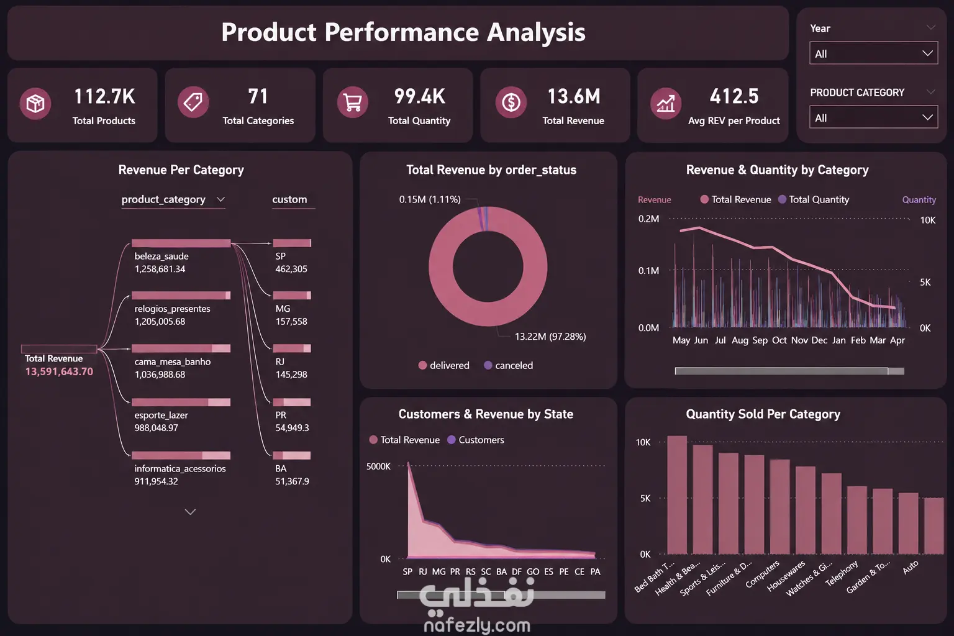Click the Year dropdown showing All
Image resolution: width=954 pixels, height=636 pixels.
(873, 53)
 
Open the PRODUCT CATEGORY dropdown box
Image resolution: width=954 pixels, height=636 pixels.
(873, 117)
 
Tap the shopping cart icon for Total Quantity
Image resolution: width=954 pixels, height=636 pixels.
(353, 102)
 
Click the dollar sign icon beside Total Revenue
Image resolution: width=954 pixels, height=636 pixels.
(511, 102)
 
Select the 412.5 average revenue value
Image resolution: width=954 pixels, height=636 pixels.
(734, 96)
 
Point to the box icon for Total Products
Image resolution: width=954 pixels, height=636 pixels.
(35, 103)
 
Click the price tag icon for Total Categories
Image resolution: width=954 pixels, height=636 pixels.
(193, 102)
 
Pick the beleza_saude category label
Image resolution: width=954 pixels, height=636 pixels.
(161, 256)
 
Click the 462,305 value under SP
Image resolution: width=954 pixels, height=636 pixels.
(291, 269)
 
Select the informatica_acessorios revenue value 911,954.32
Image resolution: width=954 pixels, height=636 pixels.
(157, 481)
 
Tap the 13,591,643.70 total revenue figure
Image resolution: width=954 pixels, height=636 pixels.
(59, 371)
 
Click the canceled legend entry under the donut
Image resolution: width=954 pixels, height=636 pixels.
(509, 365)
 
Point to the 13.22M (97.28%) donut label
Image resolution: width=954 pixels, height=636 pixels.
(550, 337)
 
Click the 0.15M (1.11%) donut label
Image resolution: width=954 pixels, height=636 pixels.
(430, 199)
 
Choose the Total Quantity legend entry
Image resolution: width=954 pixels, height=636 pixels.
(814, 199)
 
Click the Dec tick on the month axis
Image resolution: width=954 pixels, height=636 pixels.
(819, 340)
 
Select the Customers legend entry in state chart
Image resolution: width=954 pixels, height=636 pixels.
(476, 440)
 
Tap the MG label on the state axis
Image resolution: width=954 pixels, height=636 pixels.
(438, 571)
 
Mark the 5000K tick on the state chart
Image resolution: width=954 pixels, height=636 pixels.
(378, 466)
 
